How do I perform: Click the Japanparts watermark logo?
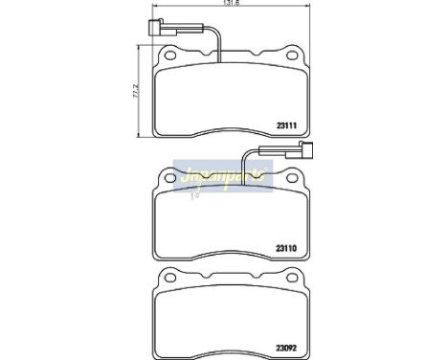[218, 178]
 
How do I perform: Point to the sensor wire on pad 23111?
[218, 38]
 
